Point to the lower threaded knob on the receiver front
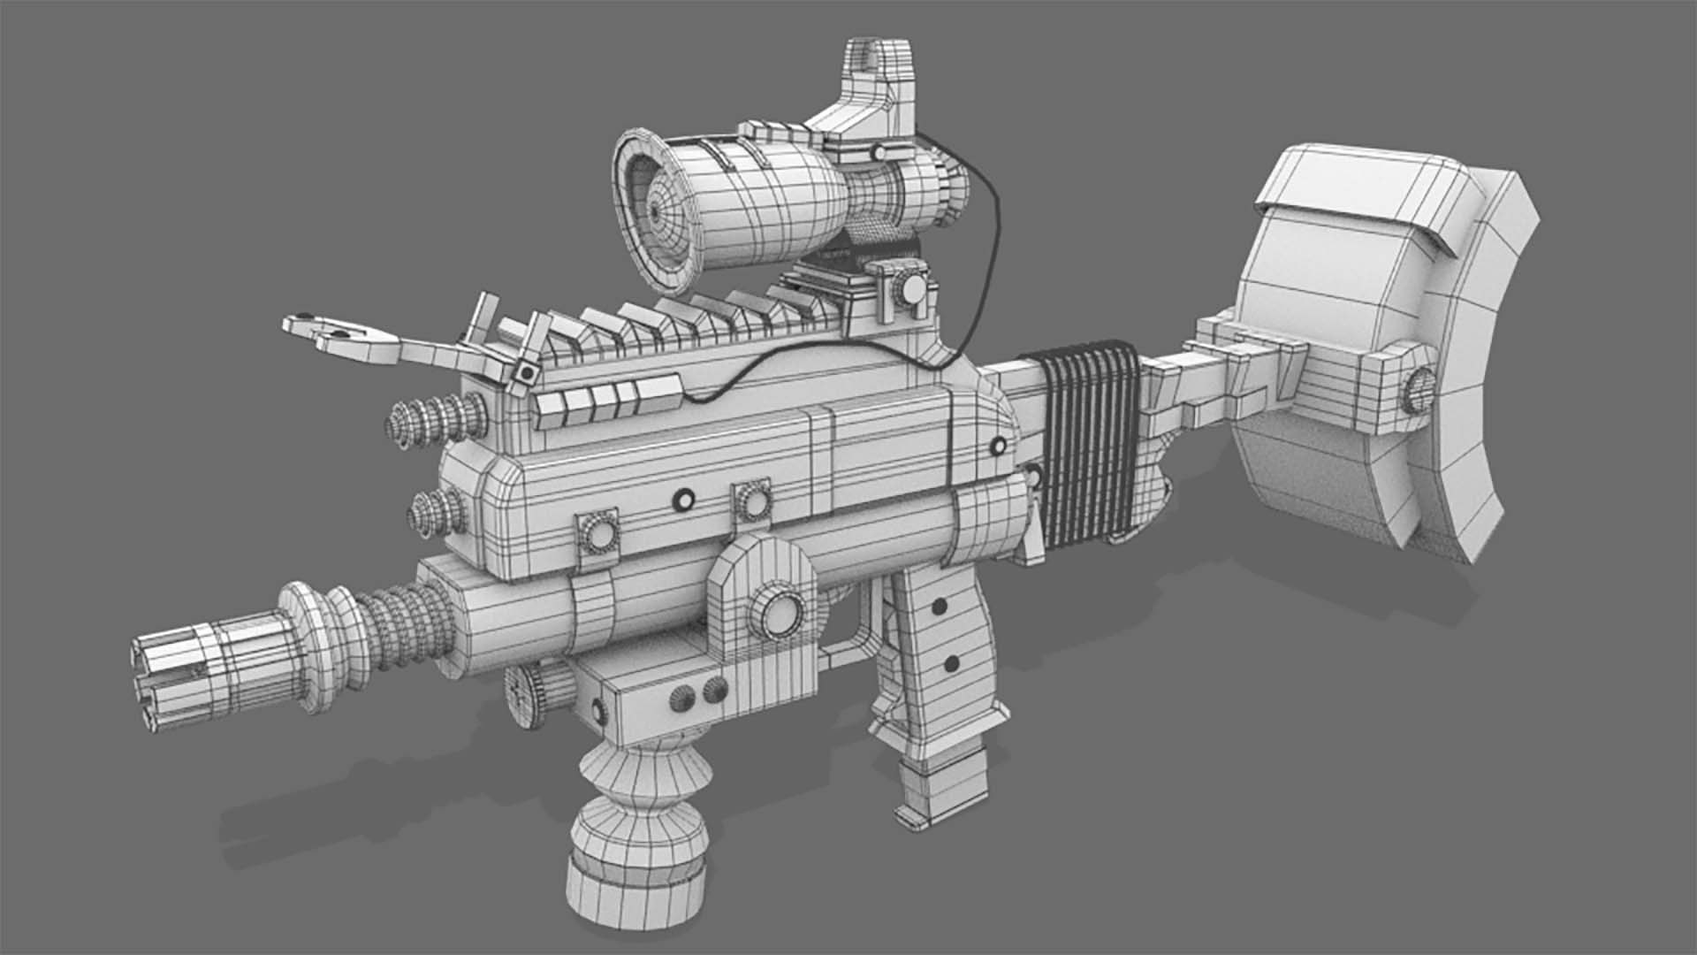click(x=438, y=511)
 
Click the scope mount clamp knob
click(x=910, y=290)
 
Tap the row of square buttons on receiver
click(x=605, y=400)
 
